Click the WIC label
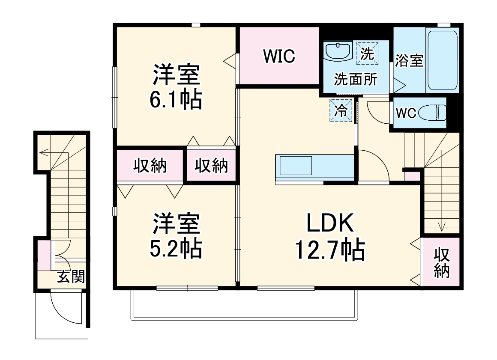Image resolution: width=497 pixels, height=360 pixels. tap(279, 56)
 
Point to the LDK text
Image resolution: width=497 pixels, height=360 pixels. tap(329, 223)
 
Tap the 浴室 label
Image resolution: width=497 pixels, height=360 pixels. tap(409, 61)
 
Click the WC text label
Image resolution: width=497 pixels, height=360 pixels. tap(406, 113)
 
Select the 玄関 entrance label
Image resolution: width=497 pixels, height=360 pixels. tap(71, 277)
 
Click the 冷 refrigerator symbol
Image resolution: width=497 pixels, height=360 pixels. tap(341, 111)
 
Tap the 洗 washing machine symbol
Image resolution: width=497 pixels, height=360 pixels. tap(367, 54)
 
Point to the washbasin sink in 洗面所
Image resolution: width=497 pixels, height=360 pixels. tap(338, 51)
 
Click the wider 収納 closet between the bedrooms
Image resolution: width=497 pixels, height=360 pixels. tap(150, 165)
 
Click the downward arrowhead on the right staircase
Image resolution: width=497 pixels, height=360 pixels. tap(442, 227)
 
